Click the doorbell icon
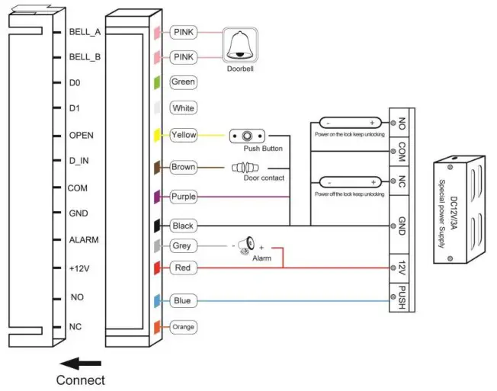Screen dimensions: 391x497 click(239, 45)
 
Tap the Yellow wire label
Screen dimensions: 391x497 click(184, 135)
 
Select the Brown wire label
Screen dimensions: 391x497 click(183, 167)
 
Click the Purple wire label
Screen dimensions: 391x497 click(184, 197)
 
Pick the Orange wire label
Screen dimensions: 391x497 click(183, 327)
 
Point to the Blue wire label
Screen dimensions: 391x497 click(181, 301)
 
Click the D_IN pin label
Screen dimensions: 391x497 click(79, 161)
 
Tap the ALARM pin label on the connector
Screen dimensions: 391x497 click(83, 239)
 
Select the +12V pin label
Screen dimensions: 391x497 click(80, 269)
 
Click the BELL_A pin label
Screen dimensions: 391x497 click(85, 32)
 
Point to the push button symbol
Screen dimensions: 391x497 click(247, 136)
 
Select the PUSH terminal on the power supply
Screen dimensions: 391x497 click(401, 297)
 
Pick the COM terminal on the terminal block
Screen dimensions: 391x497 click(401, 152)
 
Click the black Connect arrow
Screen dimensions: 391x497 click(80, 363)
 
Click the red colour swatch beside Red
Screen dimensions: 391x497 click(156, 268)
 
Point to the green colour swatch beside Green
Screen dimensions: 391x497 click(156, 82)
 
